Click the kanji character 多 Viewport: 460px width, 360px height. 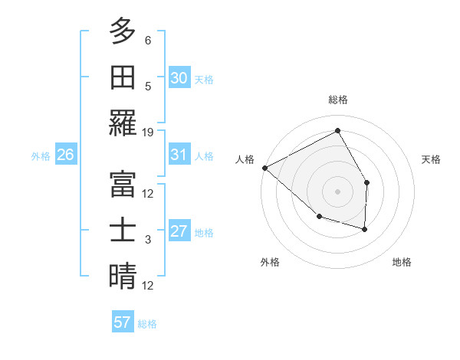(123, 32)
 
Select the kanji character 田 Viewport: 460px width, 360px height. (123, 78)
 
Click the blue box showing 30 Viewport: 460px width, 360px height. (179, 77)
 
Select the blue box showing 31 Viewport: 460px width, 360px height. (179, 155)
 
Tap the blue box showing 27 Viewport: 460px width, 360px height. (179, 231)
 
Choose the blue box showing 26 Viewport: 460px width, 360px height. (65, 155)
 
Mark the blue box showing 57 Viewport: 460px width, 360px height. (123, 322)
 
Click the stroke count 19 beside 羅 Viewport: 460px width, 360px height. (148, 132)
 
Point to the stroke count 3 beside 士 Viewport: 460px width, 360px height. (148, 240)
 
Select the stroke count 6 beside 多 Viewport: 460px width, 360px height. (148, 40)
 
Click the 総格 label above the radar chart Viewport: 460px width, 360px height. (338, 100)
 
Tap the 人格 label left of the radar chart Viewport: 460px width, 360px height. (245, 159)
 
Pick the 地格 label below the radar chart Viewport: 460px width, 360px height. (402, 262)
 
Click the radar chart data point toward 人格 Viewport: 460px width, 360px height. (264, 168)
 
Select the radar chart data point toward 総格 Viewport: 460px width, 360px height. (338, 131)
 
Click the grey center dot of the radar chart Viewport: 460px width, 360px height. (338, 191)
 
